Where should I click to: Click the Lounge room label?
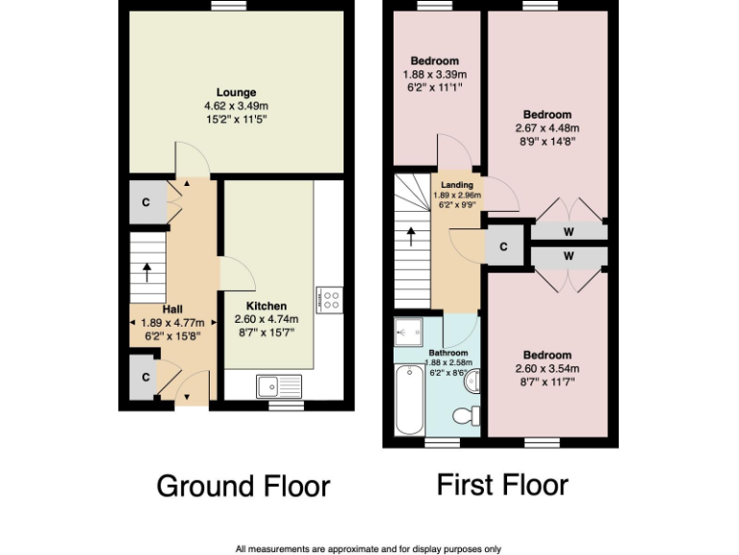coord(236,92)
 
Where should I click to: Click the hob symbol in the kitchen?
coord(328,299)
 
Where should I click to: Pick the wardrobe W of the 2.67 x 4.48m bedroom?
coord(569,231)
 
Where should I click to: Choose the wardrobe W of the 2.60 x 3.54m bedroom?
coord(569,256)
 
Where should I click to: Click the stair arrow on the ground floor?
coord(146,272)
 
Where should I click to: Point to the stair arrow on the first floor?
coord(412,234)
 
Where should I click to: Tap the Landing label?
coord(456,184)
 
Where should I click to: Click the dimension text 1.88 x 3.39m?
coord(434,74)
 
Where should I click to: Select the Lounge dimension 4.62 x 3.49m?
coord(236,106)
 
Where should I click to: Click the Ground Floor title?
coord(242,485)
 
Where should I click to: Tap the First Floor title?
coord(502,484)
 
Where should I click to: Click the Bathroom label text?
coord(447,352)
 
